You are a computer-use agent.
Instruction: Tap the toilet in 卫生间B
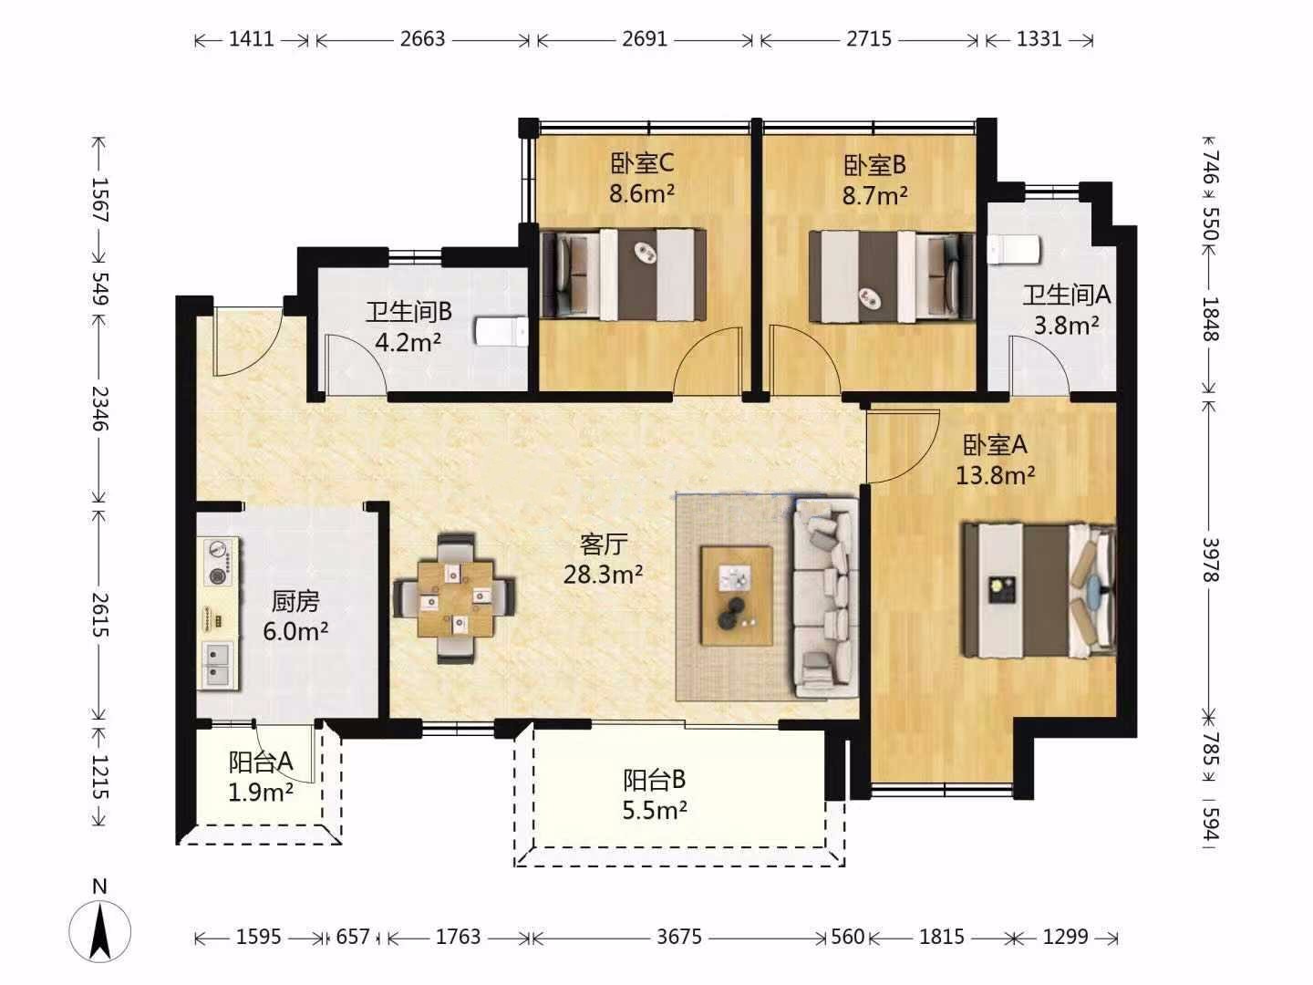tap(501, 331)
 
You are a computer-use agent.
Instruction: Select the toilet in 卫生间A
tap(1014, 249)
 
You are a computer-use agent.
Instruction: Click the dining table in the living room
tap(456, 598)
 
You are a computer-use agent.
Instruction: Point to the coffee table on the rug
tap(737, 596)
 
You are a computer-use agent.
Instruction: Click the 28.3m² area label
tap(604, 575)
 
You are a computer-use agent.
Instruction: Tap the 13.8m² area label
tap(996, 476)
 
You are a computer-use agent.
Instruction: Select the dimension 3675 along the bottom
tap(679, 937)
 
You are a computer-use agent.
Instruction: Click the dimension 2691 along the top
tap(645, 39)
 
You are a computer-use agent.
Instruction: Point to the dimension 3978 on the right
tap(1210, 559)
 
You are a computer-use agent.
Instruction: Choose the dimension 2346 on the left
tap(99, 409)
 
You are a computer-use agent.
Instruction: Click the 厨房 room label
tap(295, 602)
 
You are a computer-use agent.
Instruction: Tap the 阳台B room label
tap(655, 780)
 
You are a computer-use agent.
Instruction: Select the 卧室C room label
tap(642, 163)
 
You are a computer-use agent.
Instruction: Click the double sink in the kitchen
tap(218, 666)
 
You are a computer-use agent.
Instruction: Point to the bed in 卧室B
tap(892, 276)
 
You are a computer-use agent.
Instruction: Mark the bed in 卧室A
tap(1039, 591)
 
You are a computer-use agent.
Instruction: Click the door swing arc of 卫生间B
tap(367, 350)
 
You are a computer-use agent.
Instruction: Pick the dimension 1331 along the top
tap(1039, 39)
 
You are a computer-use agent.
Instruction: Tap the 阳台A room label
tap(261, 762)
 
